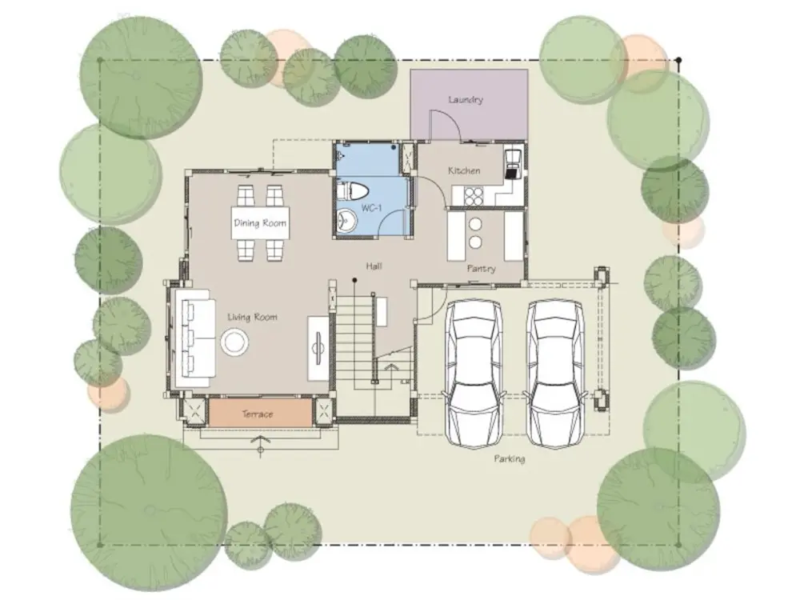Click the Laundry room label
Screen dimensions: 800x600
click(466, 99)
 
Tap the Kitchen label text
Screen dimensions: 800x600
click(464, 170)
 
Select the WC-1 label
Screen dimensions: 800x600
click(371, 208)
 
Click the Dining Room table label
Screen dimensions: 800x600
click(260, 223)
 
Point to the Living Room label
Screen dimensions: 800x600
click(252, 318)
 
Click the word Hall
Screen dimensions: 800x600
click(374, 266)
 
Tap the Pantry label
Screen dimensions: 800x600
click(481, 268)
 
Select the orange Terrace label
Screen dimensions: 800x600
click(257, 414)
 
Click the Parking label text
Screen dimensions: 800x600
click(509, 458)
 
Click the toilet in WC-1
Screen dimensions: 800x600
click(352, 192)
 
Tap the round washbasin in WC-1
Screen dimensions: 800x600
click(347, 221)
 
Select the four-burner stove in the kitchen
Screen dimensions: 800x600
click(473, 197)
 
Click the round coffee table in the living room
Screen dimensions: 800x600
click(234, 342)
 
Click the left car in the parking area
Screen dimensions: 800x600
click(474, 374)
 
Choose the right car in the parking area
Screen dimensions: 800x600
click(555, 374)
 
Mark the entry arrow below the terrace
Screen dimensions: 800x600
click(261, 443)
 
